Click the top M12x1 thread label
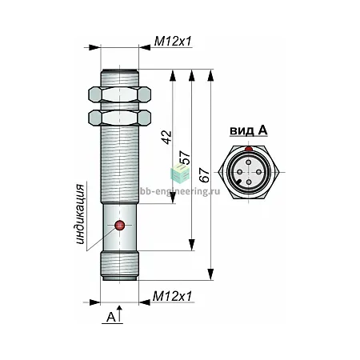(x=173, y=42)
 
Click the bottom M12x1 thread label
(x=172, y=296)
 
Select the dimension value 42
(x=167, y=137)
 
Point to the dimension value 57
(x=185, y=158)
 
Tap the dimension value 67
(x=205, y=175)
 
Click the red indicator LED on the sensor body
(x=120, y=226)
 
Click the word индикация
(x=80, y=214)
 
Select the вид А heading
(x=249, y=130)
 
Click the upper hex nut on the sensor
(x=120, y=94)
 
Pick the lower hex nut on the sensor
(x=120, y=118)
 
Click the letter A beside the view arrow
(x=110, y=317)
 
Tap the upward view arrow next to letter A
(x=120, y=314)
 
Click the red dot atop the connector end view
(x=249, y=149)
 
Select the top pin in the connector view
(x=249, y=162)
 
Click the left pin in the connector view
(x=239, y=172)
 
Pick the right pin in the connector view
(x=258, y=172)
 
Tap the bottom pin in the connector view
(x=249, y=182)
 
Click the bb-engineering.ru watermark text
(x=180, y=191)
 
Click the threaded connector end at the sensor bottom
(x=120, y=266)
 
